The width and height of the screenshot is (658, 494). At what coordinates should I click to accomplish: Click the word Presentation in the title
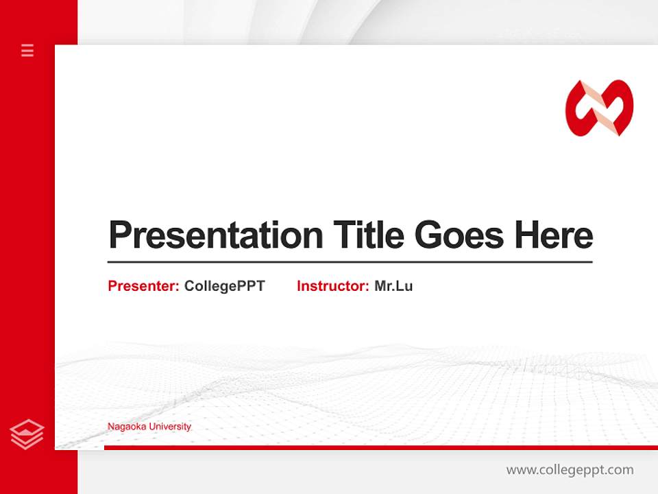tap(216, 235)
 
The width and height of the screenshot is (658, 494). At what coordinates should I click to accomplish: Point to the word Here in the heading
tap(553, 235)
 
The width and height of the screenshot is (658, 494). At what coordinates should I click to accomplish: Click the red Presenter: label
tap(143, 286)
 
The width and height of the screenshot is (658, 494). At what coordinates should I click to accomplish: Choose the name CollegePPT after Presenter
tap(224, 286)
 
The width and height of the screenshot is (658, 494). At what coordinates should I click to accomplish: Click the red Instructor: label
tap(332, 286)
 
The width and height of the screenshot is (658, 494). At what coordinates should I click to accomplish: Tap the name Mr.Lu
tap(393, 286)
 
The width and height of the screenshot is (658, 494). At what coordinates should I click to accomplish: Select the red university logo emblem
tap(599, 108)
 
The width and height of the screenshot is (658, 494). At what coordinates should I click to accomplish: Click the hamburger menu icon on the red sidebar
tap(27, 50)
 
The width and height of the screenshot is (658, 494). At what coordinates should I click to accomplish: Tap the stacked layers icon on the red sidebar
tap(27, 434)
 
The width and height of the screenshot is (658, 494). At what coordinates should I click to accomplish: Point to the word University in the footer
tap(170, 427)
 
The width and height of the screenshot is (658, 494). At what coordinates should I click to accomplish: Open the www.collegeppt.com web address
tap(570, 470)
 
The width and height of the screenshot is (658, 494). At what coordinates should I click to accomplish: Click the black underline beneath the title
tap(350, 262)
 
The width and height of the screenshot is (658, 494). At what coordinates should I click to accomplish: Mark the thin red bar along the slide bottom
tap(380, 447)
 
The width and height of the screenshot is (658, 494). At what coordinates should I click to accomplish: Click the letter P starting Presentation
tap(120, 235)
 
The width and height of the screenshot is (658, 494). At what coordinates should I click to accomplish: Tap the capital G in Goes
tap(428, 235)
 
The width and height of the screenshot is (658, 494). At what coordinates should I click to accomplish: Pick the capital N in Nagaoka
tap(110, 427)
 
